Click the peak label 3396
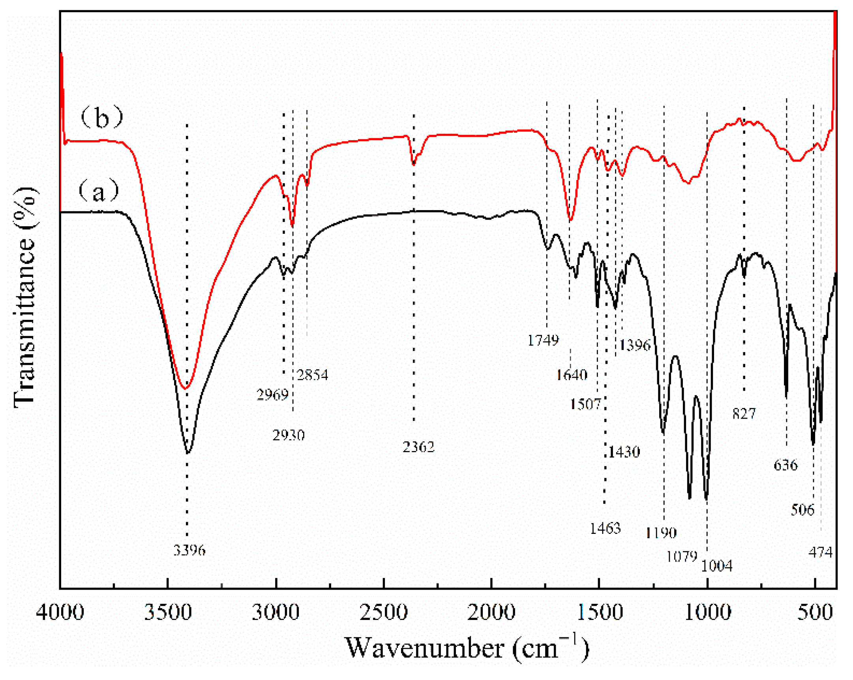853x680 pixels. tap(189, 550)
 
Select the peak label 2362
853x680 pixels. tap(418, 447)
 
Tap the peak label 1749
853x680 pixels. tap(543, 340)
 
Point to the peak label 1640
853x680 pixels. tap(572, 374)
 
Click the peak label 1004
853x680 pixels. tap(716, 566)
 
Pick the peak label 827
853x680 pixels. tap(744, 413)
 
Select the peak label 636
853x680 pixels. tap(786, 465)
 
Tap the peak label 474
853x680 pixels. tap(820, 552)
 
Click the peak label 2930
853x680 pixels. tap(289, 436)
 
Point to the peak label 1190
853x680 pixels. tap(661, 533)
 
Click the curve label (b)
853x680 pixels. tap(101, 118)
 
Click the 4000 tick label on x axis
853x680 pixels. tap(60, 613)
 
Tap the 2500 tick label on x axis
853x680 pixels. tap(383, 613)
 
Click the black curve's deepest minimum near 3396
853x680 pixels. tap(188, 453)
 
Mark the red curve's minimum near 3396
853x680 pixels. tap(185, 389)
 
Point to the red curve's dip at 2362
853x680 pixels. tap(414, 164)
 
